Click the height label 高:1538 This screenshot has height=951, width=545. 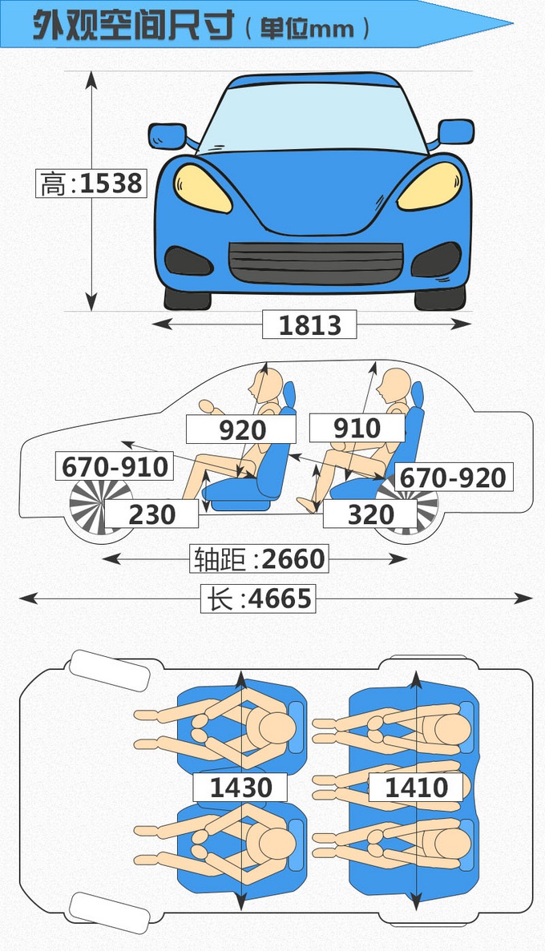[91, 183]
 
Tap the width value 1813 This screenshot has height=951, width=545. [309, 324]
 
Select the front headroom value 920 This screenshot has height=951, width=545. [241, 429]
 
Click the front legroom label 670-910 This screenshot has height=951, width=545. [115, 465]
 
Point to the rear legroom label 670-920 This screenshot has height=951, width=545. [453, 477]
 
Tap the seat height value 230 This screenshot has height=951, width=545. [151, 514]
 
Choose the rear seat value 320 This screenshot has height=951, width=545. [370, 514]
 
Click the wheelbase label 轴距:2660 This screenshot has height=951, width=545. [258, 558]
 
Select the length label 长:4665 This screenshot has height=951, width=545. [258, 598]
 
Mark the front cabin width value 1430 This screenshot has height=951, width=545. [240, 787]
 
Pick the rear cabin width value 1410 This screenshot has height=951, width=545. [416, 787]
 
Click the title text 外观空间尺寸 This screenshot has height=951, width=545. [132, 27]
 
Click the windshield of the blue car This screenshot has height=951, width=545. [313, 116]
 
